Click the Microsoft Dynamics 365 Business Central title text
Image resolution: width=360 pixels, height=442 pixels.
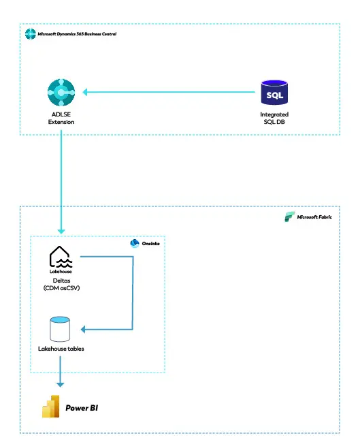(77, 34)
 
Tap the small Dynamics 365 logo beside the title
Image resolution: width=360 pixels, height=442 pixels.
(31, 34)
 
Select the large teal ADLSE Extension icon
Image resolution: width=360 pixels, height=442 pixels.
(61, 92)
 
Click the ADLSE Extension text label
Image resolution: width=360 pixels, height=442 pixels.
(61, 118)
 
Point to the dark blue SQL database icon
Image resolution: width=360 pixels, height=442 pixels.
(274, 93)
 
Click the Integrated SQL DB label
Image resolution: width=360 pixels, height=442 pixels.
(274, 118)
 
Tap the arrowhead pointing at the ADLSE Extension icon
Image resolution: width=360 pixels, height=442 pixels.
(85, 92)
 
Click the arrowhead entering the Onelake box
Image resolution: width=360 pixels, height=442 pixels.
(61, 232)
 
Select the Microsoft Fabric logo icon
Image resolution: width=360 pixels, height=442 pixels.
(290, 217)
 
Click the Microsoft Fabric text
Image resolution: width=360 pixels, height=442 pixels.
(314, 217)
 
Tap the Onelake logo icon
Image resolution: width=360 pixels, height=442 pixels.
(135, 243)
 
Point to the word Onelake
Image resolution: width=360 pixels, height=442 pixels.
(150, 244)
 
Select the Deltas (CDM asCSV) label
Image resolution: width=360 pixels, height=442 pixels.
(61, 284)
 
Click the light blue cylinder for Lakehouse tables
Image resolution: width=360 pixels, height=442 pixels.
(60, 329)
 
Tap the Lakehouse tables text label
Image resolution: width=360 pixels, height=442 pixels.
(61, 349)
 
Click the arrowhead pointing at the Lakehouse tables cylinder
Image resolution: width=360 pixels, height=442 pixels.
(83, 329)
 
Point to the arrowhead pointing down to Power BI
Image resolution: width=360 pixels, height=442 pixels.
(61, 385)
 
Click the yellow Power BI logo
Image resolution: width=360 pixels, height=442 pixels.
(51, 406)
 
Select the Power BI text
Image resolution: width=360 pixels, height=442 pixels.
(82, 408)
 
